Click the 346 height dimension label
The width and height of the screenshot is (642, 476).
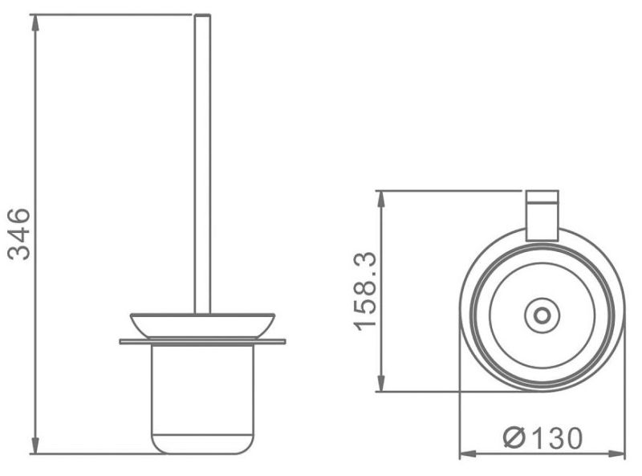click(x=19, y=234)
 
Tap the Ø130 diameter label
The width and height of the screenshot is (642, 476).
click(x=542, y=438)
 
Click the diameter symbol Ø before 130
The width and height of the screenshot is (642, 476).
click(x=514, y=438)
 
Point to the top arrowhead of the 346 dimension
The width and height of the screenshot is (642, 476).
click(x=35, y=23)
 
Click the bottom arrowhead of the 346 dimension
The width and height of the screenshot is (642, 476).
click(x=35, y=445)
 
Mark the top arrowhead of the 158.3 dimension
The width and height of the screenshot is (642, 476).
click(x=381, y=200)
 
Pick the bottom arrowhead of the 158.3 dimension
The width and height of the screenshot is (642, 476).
click(x=381, y=383)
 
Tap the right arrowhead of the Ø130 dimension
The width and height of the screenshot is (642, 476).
click(x=617, y=454)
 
